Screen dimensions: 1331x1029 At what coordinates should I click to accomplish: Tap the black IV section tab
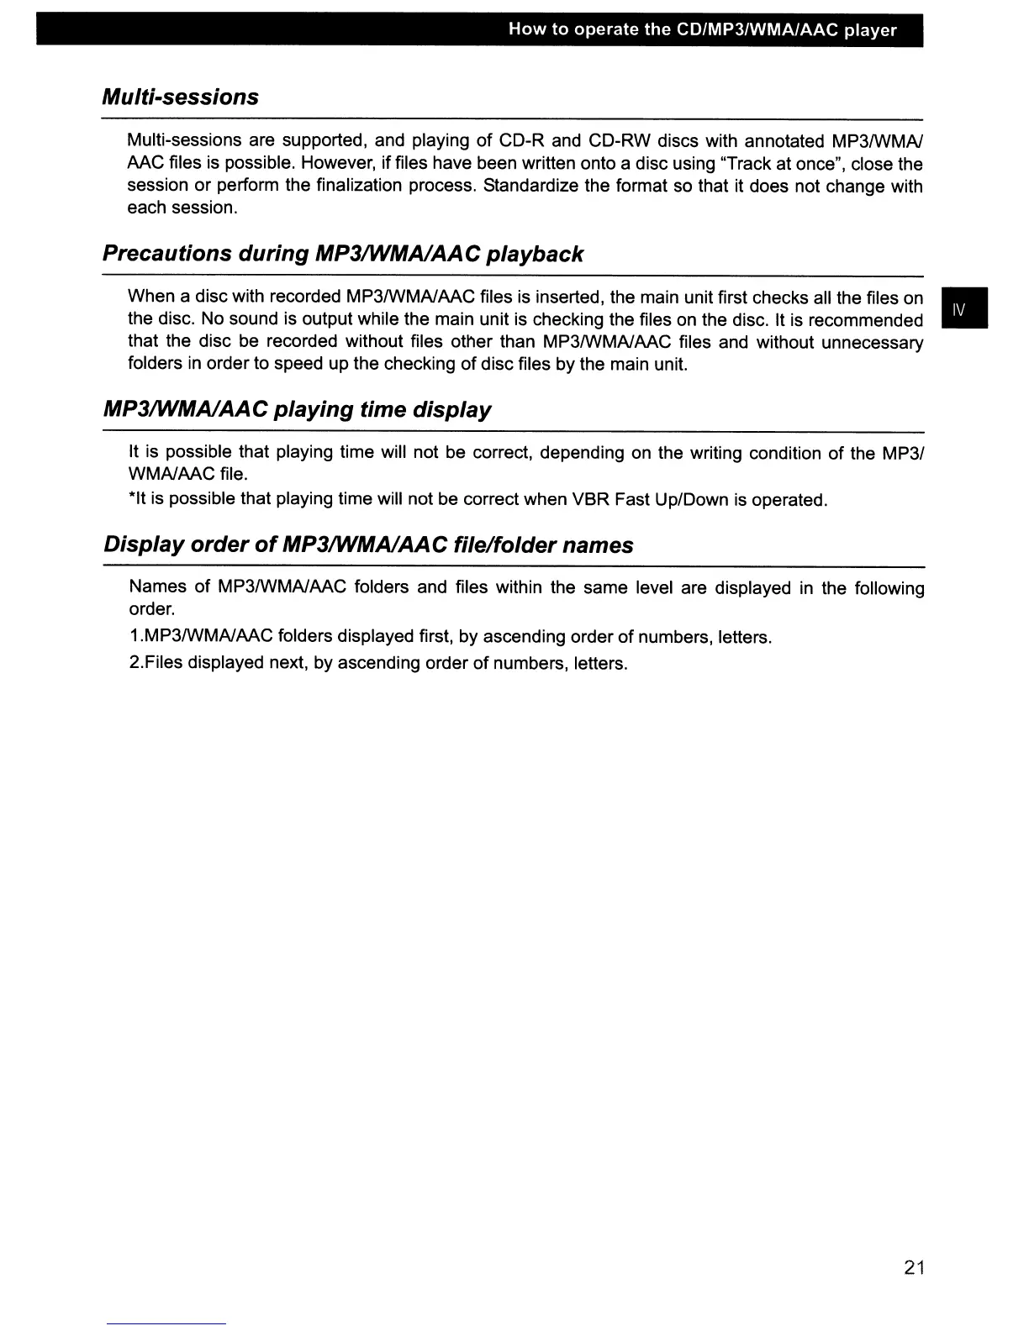pos(964,308)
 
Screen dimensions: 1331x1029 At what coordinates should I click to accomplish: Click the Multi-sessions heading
pos(180,97)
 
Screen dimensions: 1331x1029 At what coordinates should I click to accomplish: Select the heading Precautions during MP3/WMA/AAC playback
pos(342,254)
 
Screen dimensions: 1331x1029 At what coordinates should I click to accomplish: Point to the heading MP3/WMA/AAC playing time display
pos(297,410)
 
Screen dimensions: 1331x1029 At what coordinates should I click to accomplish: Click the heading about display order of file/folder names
pos(368,545)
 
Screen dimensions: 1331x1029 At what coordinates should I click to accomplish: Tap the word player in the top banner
pos(871,31)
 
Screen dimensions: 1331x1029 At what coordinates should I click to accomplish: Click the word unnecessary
pos(872,343)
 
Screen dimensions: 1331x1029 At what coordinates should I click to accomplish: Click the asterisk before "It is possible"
pos(131,498)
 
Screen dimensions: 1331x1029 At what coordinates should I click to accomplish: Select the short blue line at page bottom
pos(166,1323)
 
